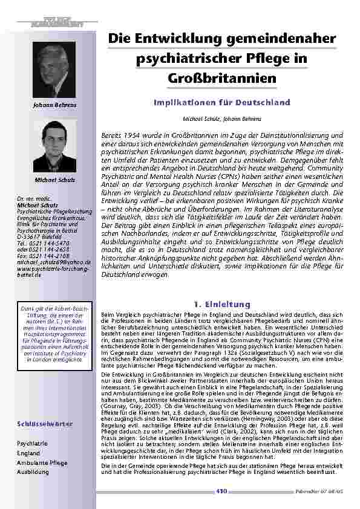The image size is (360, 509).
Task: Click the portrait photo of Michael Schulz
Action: click(54, 146)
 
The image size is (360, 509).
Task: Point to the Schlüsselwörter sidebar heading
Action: click(46, 424)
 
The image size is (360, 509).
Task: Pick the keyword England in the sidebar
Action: click(29, 452)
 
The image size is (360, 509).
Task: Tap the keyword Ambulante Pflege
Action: click(42, 462)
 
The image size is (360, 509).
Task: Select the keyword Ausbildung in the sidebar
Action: click(33, 472)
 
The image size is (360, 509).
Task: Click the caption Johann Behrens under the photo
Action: click(54, 107)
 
